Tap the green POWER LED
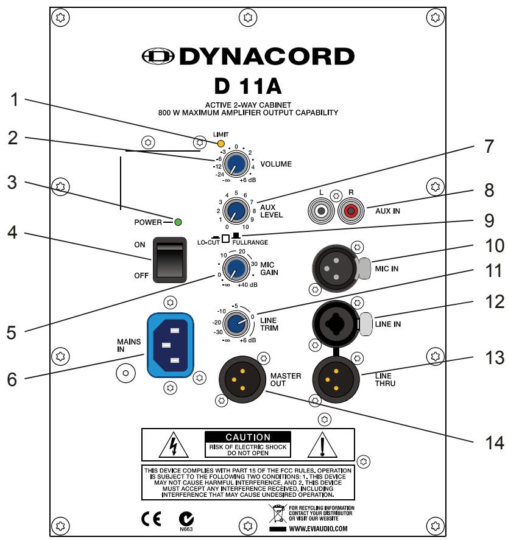[178, 222]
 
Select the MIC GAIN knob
[233, 267]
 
